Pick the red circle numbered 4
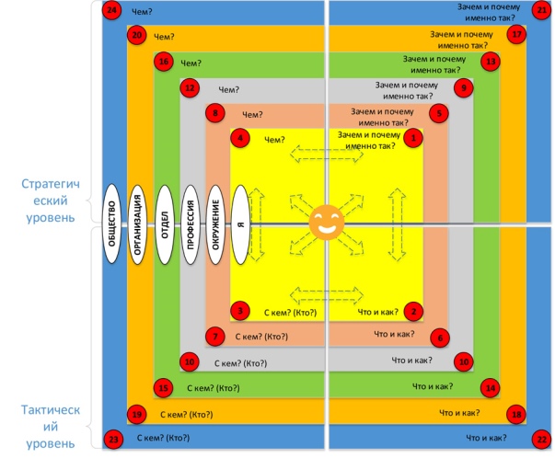(240, 139)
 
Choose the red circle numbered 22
(541, 439)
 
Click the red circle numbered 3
(240, 311)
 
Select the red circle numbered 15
(164, 388)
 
